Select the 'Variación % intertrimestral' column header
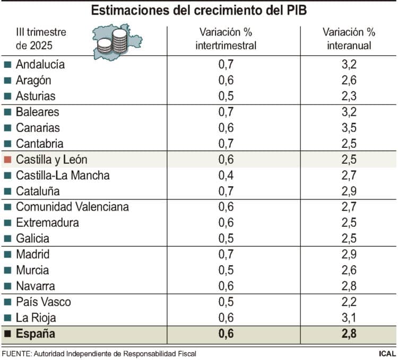pyautogui.click(x=226, y=39)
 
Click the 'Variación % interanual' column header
pyautogui.click(x=349, y=39)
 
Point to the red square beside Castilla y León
pyautogui.click(x=7, y=160)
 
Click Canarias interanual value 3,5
pyautogui.click(x=349, y=128)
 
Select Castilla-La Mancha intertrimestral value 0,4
pyautogui.click(x=226, y=175)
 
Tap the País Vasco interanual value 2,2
pyautogui.click(x=349, y=302)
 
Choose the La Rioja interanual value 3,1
pyautogui.click(x=349, y=318)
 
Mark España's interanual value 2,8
pyautogui.click(x=349, y=334)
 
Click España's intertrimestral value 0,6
pyautogui.click(x=226, y=334)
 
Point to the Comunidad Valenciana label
pyautogui.click(x=72, y=207)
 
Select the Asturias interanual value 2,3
pyautogui.click(x=349, y=96)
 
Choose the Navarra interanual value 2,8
pyautogui.click(x=349, y=286)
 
